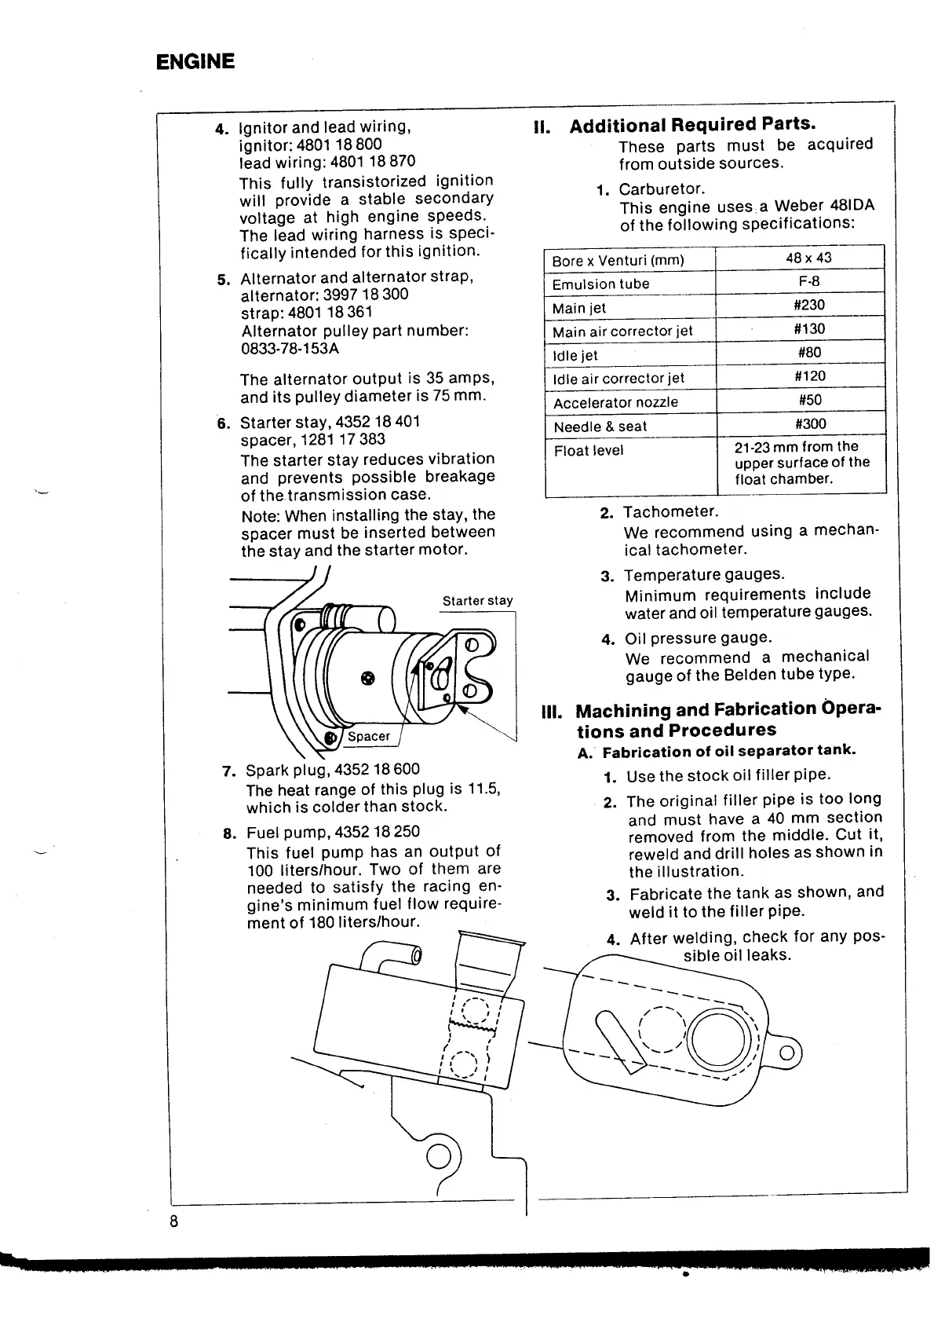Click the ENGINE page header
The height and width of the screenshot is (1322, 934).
pyautogui.click(x=195, y=62)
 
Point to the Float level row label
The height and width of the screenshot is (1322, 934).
pyautogui.click(x=589, y=451)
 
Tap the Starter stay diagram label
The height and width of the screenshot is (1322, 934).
pyautogui.click(x=477, y=601)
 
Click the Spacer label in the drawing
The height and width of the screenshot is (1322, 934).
pyautogui.click(x=368, y=736)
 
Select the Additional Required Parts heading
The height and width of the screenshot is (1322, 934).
pyautogui.click(x=693, y=125)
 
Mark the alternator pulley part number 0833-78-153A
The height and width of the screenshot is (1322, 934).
pyautogui.click(x=290, y=349)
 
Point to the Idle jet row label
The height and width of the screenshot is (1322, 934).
pyautogui.click(x=575, y=356)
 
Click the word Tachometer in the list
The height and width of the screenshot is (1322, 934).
pyautogui.click(x=670, y=512)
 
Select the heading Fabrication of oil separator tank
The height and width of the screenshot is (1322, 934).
pyautogui.click(x=728, y=751)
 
